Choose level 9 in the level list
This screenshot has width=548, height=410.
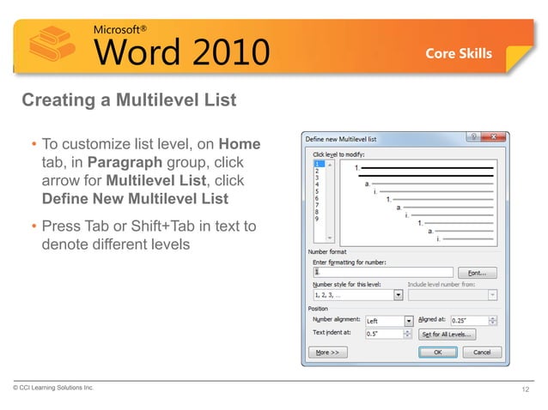318,219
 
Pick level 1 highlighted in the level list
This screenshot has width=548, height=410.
318,163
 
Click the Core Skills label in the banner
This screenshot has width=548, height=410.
459,53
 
